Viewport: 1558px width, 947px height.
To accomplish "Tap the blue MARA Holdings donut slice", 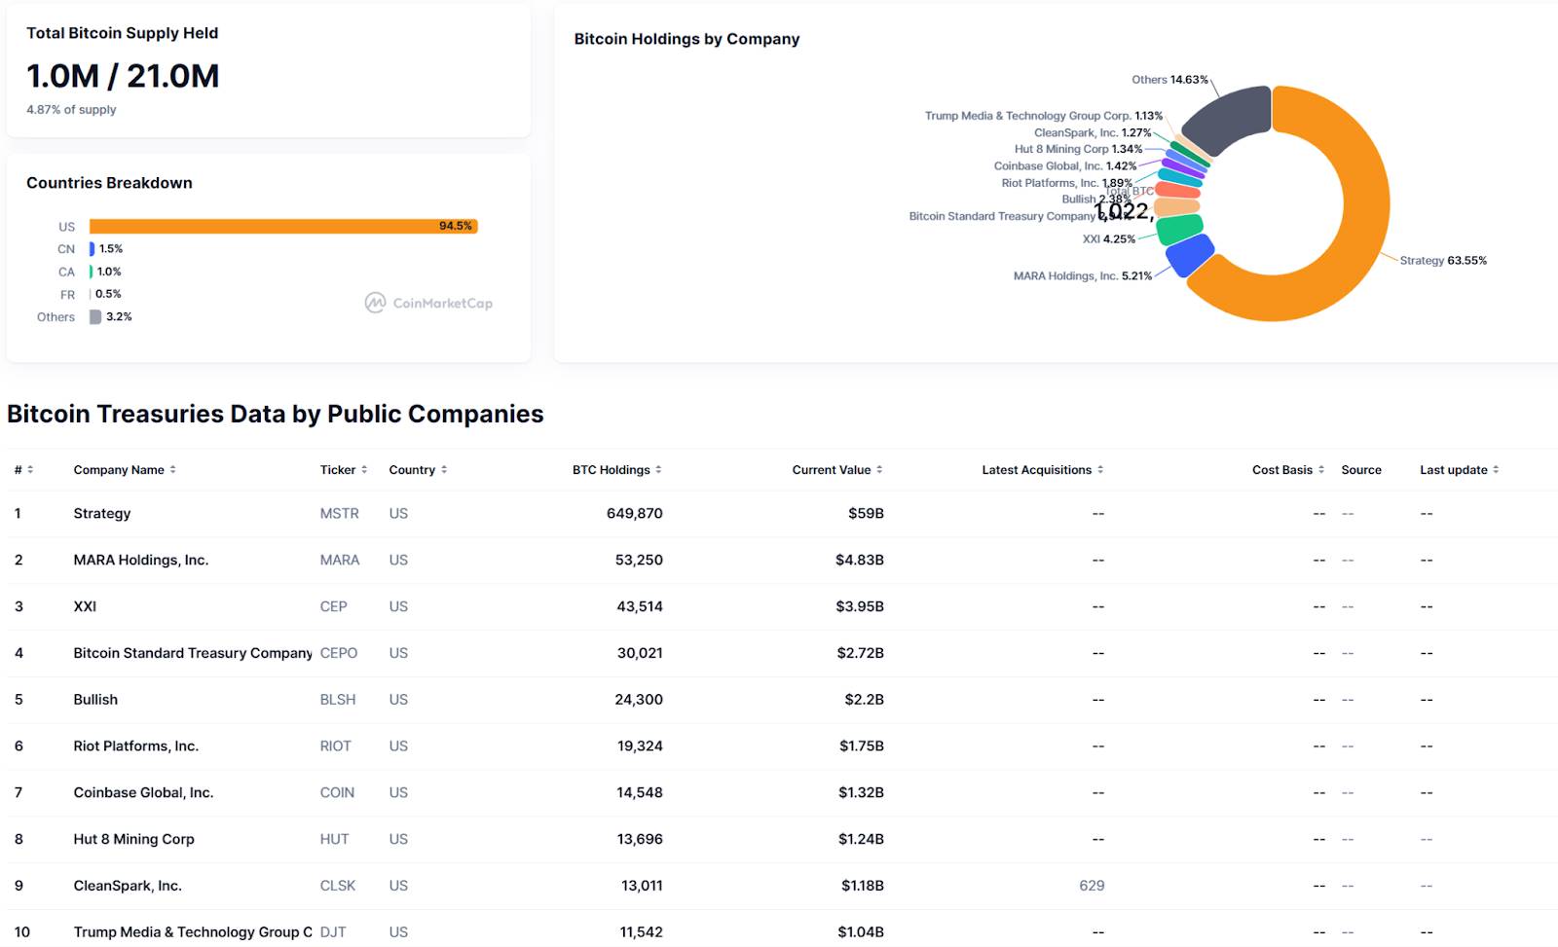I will coord(1189,256).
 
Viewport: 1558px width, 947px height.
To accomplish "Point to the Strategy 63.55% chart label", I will coord(1442,261).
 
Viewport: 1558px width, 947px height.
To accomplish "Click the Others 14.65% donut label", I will coord(1169,80).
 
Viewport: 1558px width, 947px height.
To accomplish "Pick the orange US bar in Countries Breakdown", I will coord(282,226).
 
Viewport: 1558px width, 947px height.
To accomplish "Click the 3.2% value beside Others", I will coord(119,317).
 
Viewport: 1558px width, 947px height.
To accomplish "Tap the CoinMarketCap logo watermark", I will coord(428,303).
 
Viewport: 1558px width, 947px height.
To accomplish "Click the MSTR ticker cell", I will coord(339,514).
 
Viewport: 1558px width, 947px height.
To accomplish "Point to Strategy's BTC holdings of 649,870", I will coord(634,514).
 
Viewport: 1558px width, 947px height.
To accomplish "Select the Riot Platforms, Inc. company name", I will coord(135,747).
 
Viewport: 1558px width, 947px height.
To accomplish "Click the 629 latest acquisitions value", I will coord(1092,886).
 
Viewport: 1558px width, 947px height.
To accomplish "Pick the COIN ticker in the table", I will coord(337,793).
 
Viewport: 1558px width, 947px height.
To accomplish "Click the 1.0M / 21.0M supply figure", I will coord(123,76).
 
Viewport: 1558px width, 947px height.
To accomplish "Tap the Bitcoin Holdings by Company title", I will coord(686,39).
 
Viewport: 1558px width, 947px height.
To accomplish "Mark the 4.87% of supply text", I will coord(71,110).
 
